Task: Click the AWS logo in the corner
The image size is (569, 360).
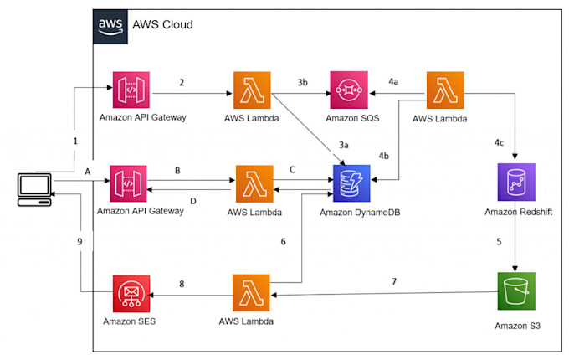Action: (110, 27)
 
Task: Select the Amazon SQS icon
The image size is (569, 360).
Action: (349, 90)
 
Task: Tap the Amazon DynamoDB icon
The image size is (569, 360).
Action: (351, 183)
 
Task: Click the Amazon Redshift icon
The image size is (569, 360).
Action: (516, 183)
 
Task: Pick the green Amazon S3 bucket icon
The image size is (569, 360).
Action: (516, 291)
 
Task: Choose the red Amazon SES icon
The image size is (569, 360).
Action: (131, 294)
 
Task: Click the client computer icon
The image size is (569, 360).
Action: (34, 190)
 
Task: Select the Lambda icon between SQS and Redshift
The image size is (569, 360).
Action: (445, 90)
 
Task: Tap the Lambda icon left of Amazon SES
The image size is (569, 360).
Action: (251, 293)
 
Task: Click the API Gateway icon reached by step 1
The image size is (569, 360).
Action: (131, 90)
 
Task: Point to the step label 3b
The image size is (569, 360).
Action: (303, 82)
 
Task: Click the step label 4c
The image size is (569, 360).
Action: (500, 142)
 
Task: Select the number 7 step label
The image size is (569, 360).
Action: (394, 281)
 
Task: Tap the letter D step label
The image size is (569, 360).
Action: (193, 201)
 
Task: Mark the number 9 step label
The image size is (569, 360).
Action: (79, 241)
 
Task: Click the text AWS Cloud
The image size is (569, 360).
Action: (162, 24)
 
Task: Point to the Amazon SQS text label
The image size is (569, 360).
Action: (352, 118)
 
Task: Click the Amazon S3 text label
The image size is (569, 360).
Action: (517, 326)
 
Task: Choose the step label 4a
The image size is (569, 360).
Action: (393, 81)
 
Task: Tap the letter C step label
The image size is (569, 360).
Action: (292, 170)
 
